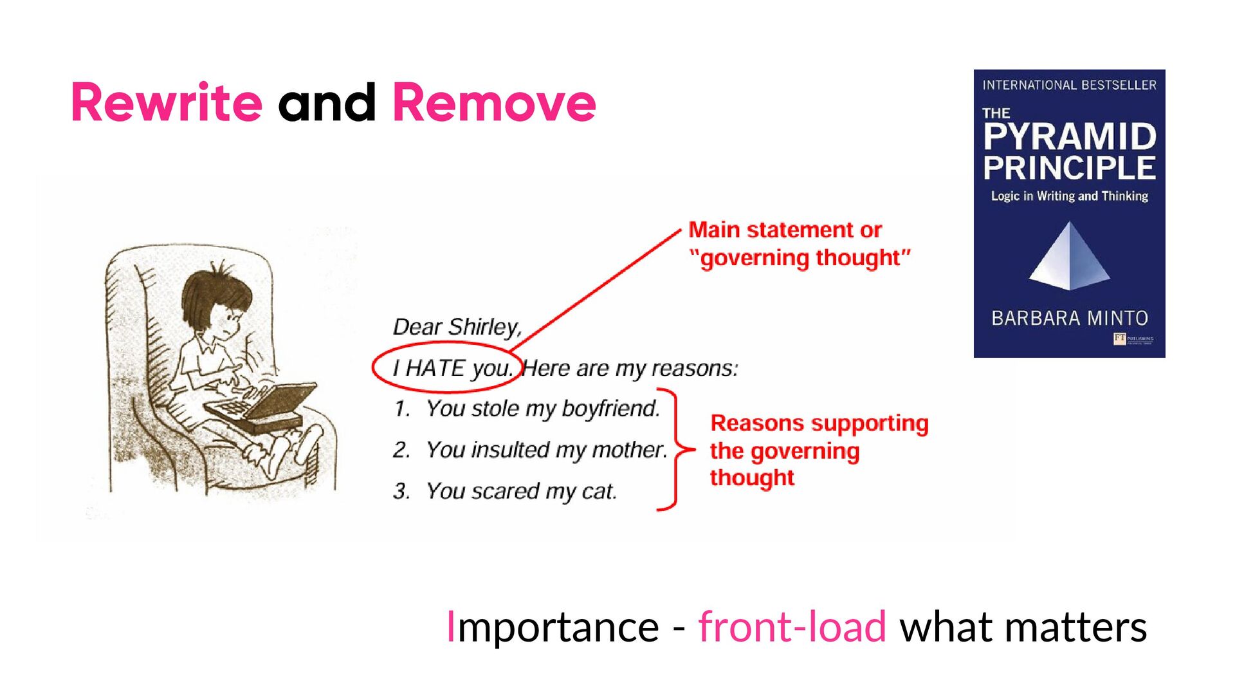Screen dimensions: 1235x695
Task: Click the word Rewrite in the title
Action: coord(167,103)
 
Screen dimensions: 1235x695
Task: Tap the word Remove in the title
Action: coord(494,103)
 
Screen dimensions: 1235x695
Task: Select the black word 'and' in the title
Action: coord(327,103)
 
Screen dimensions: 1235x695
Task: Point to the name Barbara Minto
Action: coord(1069,318)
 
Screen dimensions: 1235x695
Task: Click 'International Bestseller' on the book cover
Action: coord(1069,85)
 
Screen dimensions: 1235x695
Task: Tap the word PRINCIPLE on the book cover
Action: coord(1069,167)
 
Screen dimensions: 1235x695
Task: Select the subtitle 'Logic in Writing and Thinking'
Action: coord(1069,196)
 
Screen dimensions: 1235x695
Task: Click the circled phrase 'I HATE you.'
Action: coord(452,368)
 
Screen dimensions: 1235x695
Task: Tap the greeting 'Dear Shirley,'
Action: coord(457,327)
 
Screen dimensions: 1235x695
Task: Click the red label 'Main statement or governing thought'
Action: coord(798,243)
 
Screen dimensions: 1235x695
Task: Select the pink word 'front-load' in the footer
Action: coord(792,626)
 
